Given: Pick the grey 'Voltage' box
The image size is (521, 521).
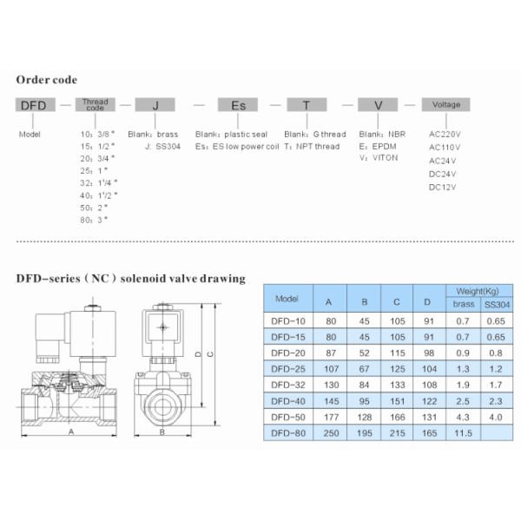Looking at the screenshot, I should (445, 105).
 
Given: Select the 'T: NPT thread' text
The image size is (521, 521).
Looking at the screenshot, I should (315, 147).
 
